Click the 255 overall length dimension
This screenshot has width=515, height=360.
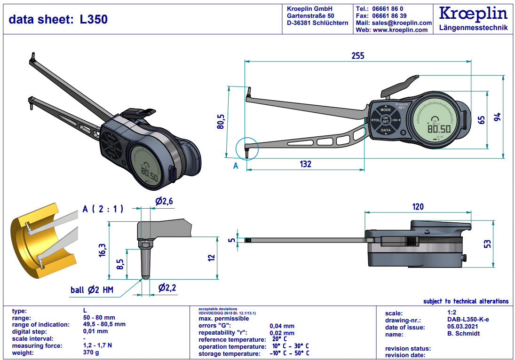pos(357,55)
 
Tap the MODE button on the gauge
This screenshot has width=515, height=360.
pos(386,110)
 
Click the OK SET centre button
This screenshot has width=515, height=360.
pos(386,119)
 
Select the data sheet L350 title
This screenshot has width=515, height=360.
pos(58,19)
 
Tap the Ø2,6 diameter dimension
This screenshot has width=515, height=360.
pos(164,202)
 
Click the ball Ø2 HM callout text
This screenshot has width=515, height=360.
pos(90,290)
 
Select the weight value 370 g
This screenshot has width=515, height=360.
pos(91,352)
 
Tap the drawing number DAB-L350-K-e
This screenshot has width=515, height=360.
pos(468,320)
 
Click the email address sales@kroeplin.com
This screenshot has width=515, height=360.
pos(401,23)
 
